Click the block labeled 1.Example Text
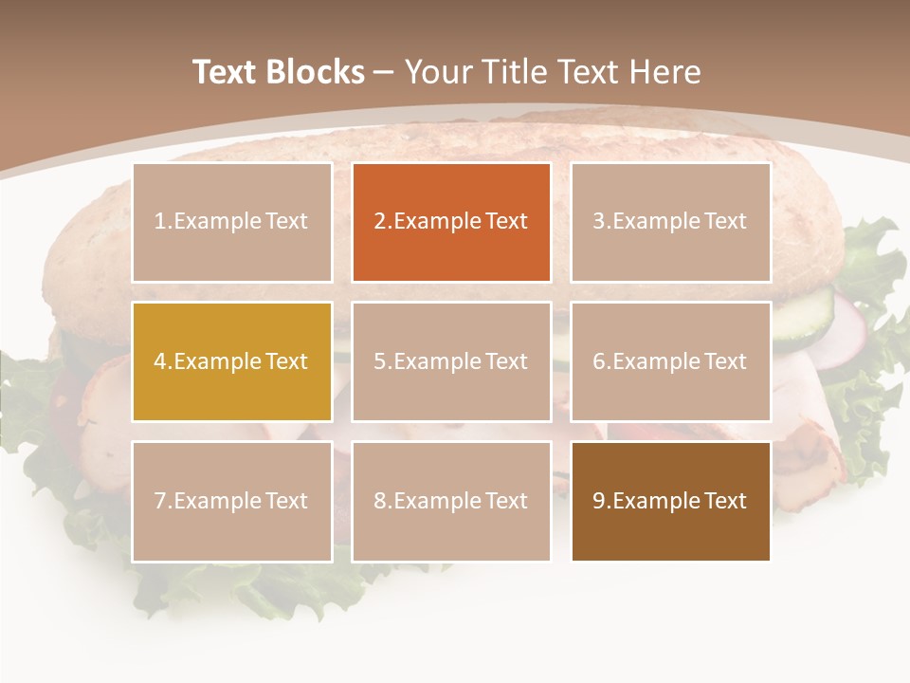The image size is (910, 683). (x=232, y=222)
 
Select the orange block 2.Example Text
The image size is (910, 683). (x=451, y=222)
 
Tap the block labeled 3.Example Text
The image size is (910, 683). (x=670, y=222)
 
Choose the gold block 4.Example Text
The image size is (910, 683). (x=232, y=361)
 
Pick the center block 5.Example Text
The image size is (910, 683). (x=451, y=361)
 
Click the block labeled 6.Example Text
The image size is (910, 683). (x=670, y=361)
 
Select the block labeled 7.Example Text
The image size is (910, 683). (x=232, y=501)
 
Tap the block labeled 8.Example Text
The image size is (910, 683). (x=451, y=501)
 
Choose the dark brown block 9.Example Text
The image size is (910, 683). (x=670, y=501)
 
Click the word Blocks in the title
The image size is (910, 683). (x=318, y=72)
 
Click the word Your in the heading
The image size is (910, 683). (x=439, y=72)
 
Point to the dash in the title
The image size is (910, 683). (x=384, y=72)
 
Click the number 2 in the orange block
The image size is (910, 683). (x=379, y=222)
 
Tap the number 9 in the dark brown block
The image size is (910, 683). (x=598, y=501)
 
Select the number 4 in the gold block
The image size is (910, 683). (x=160, y=361)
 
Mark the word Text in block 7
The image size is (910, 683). (x=286, y=501)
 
